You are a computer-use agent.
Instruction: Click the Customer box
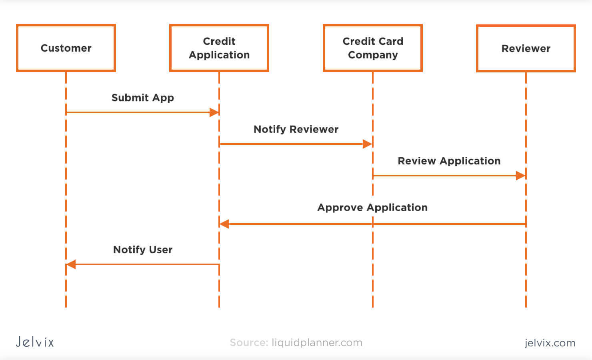pyautogui.click(x=66, y=48)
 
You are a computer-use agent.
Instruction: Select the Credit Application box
pyautogui.click(x=219, y=48)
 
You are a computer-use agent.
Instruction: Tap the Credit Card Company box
pyautogui.click(x=372, y=48)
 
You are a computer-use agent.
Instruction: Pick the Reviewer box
pyautogui.click(x=526, y=48)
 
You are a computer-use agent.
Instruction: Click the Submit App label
pyautogui.click(x=142, y=98)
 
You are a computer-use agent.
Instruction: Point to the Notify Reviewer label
pyautogui.click(x=296, y=129)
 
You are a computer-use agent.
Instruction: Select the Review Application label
pyautogui.click(x=449, y=161)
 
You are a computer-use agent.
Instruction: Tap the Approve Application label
pyautogui.click(x=372, y=207)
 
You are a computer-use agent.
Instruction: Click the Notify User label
pyautogui.click(x=143, y=250)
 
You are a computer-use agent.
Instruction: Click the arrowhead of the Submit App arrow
pyautogui.click(x=214, y=112)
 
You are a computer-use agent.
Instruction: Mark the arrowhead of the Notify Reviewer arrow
pyautogui.click(x=367, y=144)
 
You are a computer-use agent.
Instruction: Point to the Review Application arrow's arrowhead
pyautogui.click(x=520, y=176)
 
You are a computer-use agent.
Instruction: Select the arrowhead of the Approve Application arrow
pyautogui.click(x=224, y=224)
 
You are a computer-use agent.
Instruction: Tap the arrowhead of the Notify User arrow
pyautogui.click(x=71, y=264)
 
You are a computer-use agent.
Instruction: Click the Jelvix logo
pyautogui.click(x=35, y=342)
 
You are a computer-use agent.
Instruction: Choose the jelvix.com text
pyautogui.click(x=550, y=343)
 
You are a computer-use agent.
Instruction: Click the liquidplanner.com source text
pyautogui.click(x=317, y=342)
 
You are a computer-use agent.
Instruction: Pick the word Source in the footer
pyautogui.click(x=248, y=342)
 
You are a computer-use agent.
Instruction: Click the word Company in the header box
pyautogui.click(x=373, y=55)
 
